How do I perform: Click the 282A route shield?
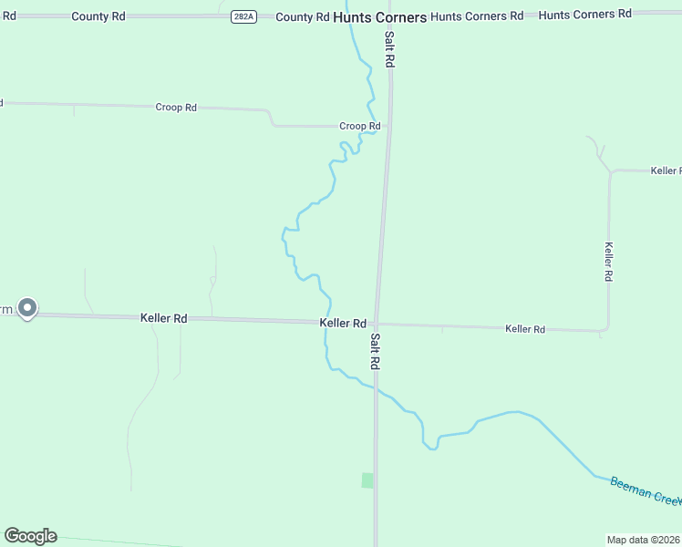point(243,17)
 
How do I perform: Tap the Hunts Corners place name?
point(379,17)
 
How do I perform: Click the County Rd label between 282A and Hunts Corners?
point(302,17)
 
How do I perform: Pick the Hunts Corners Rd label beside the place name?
point(477,16)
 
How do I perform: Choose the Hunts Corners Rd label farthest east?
point(584,14)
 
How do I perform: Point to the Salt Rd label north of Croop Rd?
point(389,49)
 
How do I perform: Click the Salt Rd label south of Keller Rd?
point(375,351)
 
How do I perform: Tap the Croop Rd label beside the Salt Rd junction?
point(359,126)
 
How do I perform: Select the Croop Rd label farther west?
point(176,108)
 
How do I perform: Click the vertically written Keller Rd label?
point(608,261)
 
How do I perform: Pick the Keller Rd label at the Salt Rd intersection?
point(343,324)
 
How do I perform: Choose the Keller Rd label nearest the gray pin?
point(164,318)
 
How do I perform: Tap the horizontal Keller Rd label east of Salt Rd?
point(525,329)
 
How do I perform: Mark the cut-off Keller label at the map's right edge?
point(666,170)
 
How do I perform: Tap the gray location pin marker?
point(27,308)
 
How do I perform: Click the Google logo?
point(30,536)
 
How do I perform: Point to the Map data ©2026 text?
point(644,540)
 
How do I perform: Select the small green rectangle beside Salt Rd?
point(367,480)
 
